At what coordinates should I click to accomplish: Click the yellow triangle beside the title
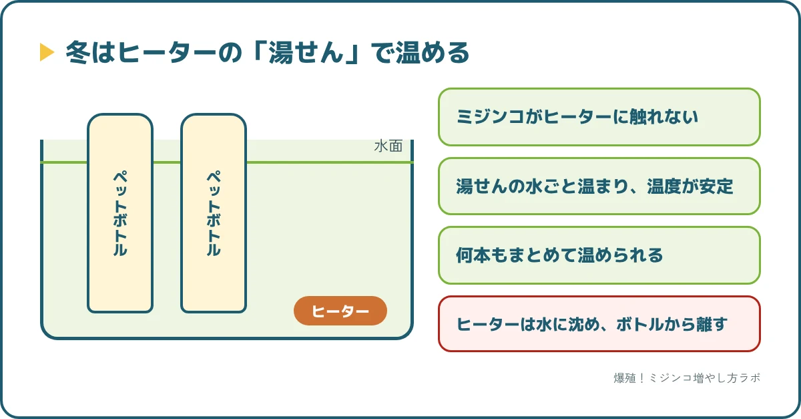click(x=47, y=52)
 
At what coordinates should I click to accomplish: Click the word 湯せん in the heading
click(x=306, y=52)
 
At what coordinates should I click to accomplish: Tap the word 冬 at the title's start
click(x=77, y=52)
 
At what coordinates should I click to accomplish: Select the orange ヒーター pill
click(x=340, y=311)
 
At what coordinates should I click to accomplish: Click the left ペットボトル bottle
click(x=120, y=213)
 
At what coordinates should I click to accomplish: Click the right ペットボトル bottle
click(x=214, y=213)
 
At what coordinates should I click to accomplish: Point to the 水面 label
click(x=388, y=146)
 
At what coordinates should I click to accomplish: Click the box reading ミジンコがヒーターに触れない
click(x=599, y=117)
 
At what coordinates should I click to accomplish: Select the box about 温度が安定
click(x=599, y=186)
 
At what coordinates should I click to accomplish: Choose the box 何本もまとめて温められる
click(x=599, y=255)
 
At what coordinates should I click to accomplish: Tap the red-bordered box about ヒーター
click(x=599, y=323)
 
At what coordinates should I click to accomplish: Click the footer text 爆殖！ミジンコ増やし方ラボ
click(x=687, y=378)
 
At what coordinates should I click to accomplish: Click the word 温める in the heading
click(x=433, y=52)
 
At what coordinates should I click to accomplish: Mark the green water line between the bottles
click(x=167, y=162)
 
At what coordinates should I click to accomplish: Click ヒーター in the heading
click(x=167, y=52)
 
